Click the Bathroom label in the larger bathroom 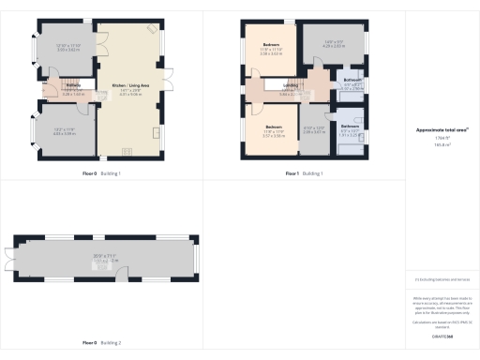coord(352,81)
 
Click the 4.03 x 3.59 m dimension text coord(63,133)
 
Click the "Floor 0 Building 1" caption coord(101,174)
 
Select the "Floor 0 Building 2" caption coord(101,344)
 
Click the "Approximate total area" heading coord(442,131)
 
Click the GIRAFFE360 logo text coord(442,334)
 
